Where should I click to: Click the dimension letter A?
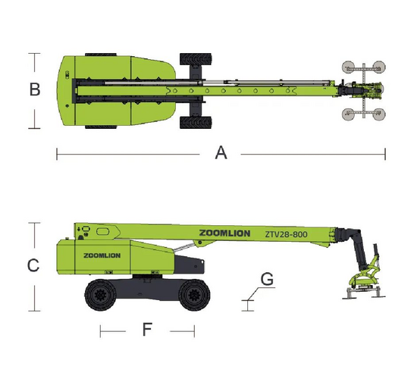221,153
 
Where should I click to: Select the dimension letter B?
35,89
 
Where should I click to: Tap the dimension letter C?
33,265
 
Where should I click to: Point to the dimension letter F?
147,329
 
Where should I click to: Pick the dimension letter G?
267,279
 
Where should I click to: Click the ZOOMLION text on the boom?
224,233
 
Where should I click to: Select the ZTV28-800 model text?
286,234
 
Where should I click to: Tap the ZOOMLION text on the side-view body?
102,255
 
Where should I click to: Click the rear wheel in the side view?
100,295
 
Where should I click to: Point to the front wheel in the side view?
194,295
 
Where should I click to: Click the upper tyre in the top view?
196,59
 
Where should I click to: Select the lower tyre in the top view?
196,123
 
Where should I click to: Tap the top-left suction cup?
348,67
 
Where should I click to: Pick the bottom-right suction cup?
378,114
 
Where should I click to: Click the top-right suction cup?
378,67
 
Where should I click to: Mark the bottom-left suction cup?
348,114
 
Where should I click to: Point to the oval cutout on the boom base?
102,231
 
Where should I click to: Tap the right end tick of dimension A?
385,154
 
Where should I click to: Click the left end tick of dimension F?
100,331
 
